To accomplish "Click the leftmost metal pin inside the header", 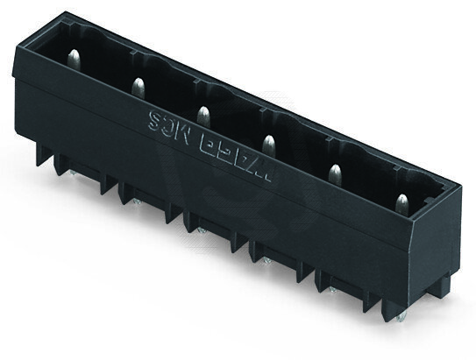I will (x=75, y=60).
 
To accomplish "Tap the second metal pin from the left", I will (x=138, y=86).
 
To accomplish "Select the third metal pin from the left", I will (x=202, y=115).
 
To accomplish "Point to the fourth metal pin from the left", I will (x=268, y=144).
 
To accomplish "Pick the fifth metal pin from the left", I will (x=334, y=173).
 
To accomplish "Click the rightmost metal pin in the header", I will (x=401, y=204).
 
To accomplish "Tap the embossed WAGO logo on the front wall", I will (x=229, y=144).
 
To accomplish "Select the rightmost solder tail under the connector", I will (x=399, y=313).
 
